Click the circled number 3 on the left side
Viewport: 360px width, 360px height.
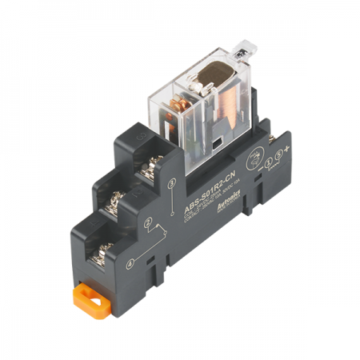click(171, 182)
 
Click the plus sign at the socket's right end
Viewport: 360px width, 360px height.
click(286, 146)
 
